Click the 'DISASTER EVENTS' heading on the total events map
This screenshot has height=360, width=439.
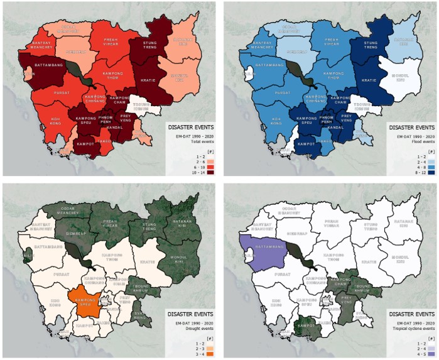pos(192,127)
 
